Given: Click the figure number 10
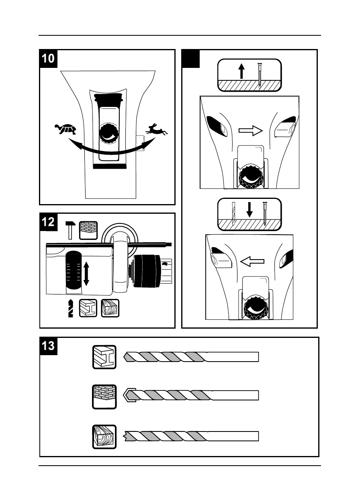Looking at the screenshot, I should pyautogui.click(x=48, y=58).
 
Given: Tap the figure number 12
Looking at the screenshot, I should pyautogui.click(x=48, y=222).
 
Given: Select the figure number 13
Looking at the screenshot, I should pyautogui.click(x=48, y=346).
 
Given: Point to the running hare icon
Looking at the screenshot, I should pyautogui.click(x=157, y=129).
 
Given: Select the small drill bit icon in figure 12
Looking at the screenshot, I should pyautogui.click(x=71, y=309).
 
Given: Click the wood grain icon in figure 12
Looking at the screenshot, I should pyautogui.click(x=110, y=309).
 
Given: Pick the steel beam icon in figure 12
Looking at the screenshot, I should pyautogui.click(x=88, y=309).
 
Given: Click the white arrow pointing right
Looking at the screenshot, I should pyautogui.click(x=250, y=131).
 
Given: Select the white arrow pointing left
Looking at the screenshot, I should pyautogui.click(x=252, y=262).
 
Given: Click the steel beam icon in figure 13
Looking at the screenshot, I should pyautogui.click(x=104, y=356).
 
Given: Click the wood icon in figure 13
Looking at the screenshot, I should pyautogui.click(x=104, y=437).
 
